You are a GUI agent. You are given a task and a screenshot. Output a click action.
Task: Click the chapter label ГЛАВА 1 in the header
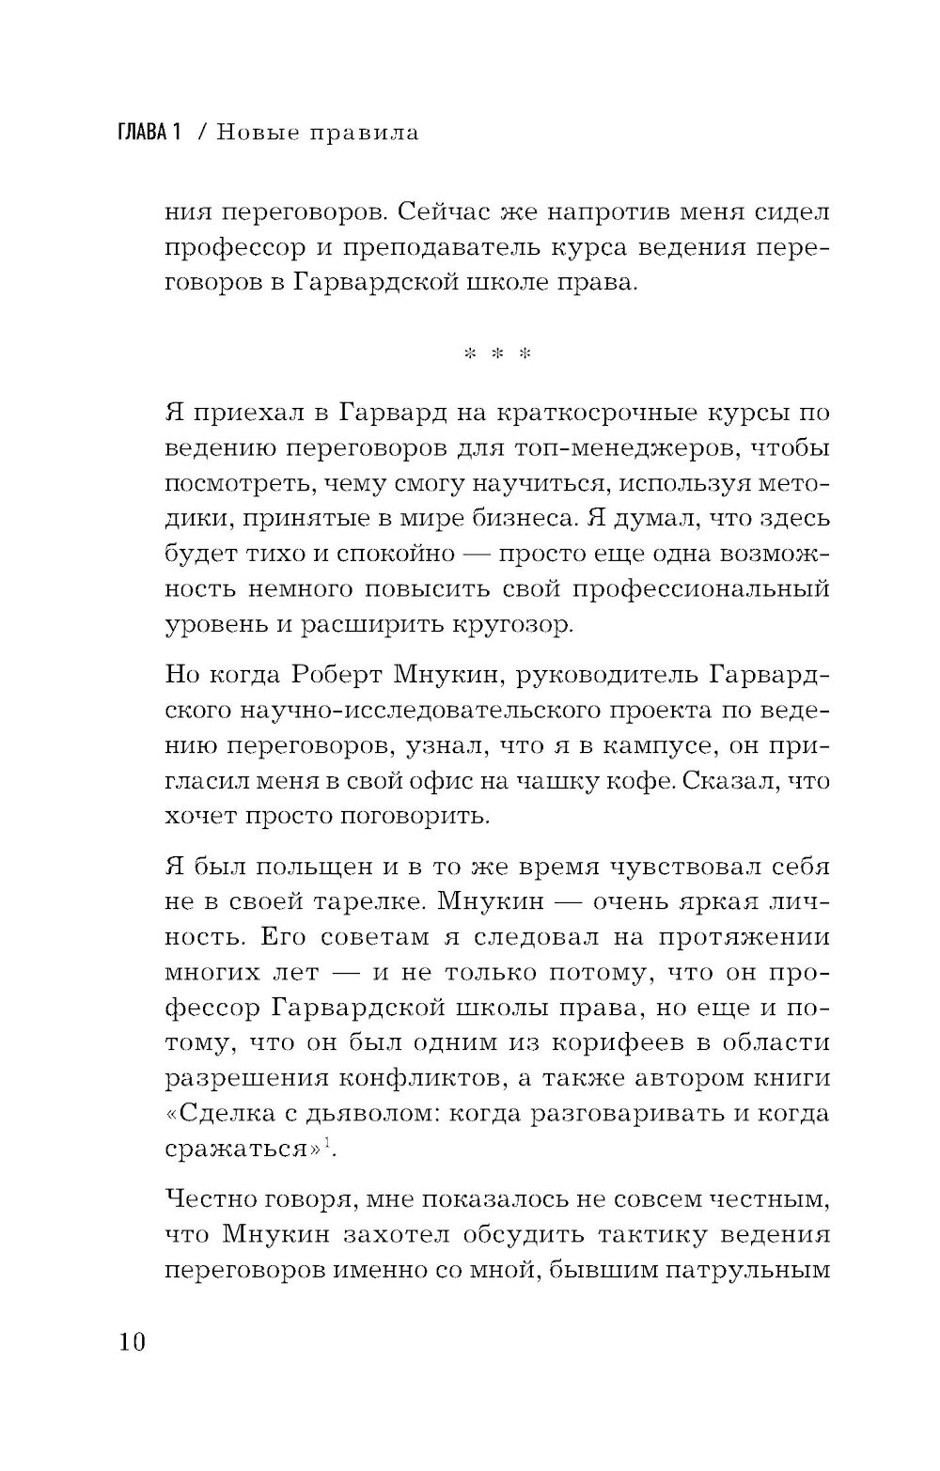tap(148, 133)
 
